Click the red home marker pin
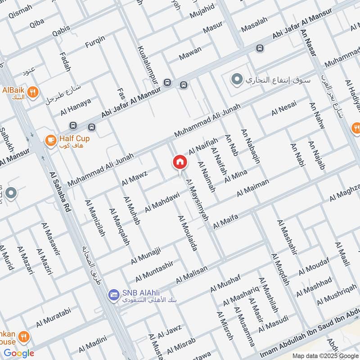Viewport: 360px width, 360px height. coord(180,163)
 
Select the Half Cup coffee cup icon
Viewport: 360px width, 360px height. coord(51,141)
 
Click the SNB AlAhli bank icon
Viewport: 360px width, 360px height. coord(114,295)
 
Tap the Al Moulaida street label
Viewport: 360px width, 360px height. coord(188,233)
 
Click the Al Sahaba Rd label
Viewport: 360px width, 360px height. coord(59,188)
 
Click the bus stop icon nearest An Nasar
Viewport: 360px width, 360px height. coord(260,48)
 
